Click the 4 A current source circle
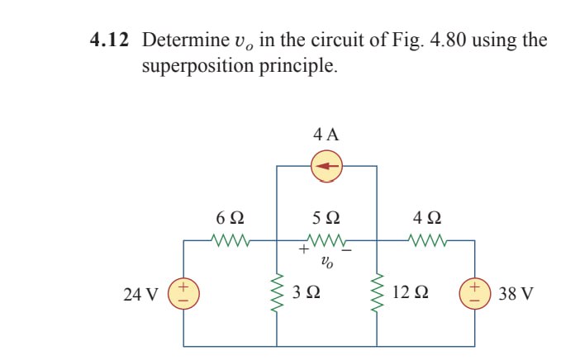coord(327,166)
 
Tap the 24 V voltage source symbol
coord(183,293)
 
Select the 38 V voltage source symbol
coord(475,293)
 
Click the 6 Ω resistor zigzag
coord(229,241)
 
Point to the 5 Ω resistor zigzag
coord(327,241)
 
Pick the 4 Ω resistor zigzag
coord(427,241)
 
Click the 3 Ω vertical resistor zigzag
coord(277,293)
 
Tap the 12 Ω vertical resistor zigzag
coord(378,293)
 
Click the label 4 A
coord(327,134)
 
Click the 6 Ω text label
coord(229,219)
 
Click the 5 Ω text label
coord(327,219)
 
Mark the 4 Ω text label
coord(427,219)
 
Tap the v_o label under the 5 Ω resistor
coord(327,264)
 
